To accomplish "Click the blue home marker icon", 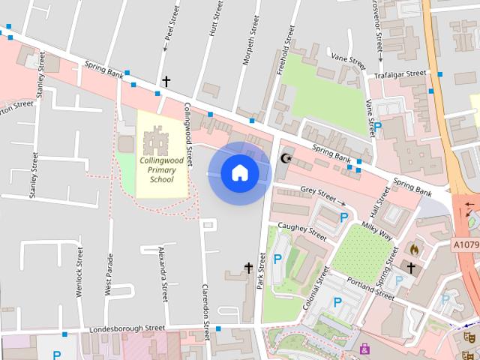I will click(239, 172).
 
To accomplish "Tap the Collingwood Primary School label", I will click(156, 169).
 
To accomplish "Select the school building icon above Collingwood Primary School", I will click(157, 140).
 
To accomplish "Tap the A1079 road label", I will click(465, 244).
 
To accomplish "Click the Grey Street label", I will click(318, 193).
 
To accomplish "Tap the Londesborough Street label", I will click(127, 328).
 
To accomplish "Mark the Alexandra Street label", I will click(161, 273).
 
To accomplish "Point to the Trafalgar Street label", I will click(400, 74).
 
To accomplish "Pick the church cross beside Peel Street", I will click(166, 80).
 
